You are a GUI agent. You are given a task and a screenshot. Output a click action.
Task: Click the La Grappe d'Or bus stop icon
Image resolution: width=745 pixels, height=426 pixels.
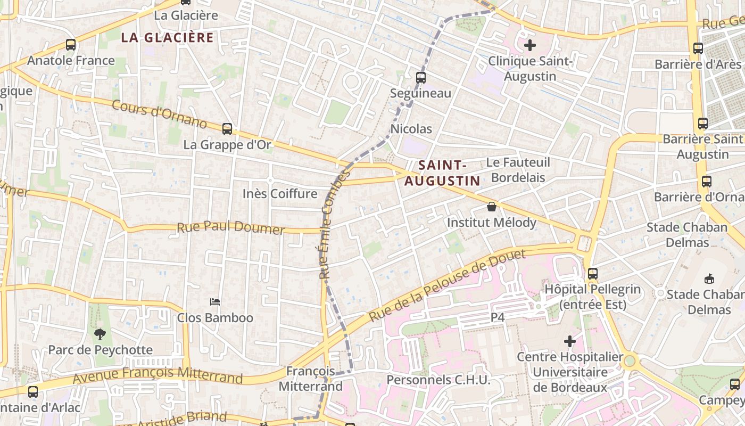(x=227, y=128)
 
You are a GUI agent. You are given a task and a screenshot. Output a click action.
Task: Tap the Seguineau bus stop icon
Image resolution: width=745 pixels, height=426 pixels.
(x=421, y=77)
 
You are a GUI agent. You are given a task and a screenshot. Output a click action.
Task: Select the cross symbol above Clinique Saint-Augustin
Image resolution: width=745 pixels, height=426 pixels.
(x=530, y=45)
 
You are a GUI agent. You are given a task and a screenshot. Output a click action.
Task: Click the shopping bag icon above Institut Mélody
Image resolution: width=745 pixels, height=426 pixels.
(x=492, y=207)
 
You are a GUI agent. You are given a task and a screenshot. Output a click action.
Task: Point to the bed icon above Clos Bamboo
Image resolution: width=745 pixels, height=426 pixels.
(x=215, y=302)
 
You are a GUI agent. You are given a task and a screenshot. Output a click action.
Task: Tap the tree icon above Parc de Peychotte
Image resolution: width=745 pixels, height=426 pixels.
(x=100, y=334)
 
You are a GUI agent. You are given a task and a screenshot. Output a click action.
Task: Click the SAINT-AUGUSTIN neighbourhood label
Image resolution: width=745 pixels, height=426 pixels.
(x=442, y=173)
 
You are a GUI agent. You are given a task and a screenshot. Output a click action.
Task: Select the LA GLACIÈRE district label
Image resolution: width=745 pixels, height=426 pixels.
(x=167, y=37)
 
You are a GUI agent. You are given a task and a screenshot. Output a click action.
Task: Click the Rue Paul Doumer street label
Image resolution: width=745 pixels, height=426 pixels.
(x=230, y=228)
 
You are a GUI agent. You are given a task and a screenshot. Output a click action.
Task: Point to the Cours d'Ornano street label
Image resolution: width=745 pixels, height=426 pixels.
(x=159, y=113)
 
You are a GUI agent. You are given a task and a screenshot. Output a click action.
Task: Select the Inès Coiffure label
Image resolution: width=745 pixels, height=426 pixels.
(x=280, y=193)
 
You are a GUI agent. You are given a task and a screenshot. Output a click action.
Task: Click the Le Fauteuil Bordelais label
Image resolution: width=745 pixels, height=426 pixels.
(x=518, y=169)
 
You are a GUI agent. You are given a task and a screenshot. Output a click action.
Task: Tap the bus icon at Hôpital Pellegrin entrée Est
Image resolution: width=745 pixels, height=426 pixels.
(x=592, y=274)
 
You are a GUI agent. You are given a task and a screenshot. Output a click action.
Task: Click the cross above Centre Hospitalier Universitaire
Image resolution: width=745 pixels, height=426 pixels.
(x=570, y=341)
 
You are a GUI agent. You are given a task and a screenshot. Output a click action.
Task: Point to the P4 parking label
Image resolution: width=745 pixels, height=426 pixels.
(x=497, y=317)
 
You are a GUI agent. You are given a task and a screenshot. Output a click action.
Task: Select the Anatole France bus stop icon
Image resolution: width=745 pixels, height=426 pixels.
(x=71, y=45)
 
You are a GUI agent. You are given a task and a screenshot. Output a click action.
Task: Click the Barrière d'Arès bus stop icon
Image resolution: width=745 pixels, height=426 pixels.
(x=698, y=48)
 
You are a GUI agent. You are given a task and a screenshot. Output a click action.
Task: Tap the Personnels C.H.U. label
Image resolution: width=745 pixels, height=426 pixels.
(x=438, y=380)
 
